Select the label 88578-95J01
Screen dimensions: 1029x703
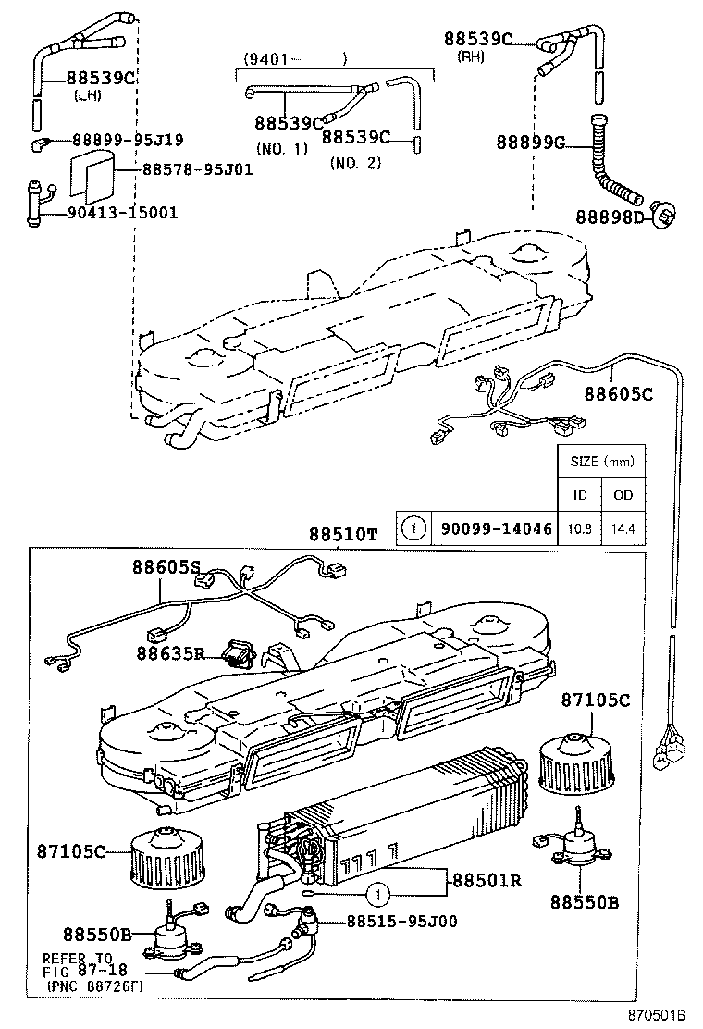pos(197,170)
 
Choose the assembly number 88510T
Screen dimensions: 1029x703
pos(343,535)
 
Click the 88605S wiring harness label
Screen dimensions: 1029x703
pos(166,567)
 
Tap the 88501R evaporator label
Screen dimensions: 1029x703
pos(487,879)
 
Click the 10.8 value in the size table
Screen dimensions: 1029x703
pos(579,528)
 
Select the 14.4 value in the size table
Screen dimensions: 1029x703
pos(623,528)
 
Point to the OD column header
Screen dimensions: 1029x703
pos(623,494)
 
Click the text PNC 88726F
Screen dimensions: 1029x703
pos(93,988)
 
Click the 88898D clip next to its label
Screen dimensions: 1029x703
pos(665,216)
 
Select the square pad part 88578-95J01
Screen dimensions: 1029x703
pos(93,175)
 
